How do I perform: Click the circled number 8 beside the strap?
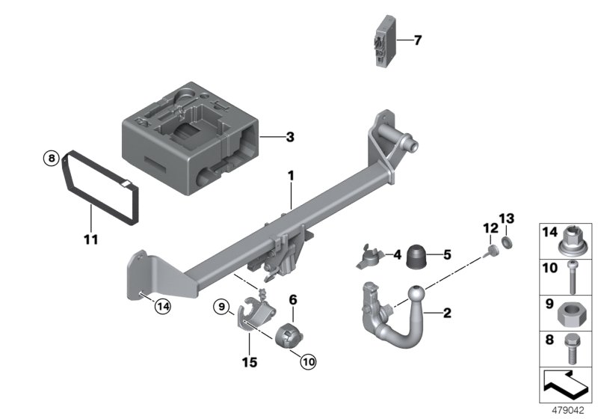pos(49,158)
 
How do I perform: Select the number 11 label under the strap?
pos(89,241)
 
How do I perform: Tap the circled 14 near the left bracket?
pos(162,305)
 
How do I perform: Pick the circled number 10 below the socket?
pos(307,362)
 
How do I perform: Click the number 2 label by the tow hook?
pos(446,313)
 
